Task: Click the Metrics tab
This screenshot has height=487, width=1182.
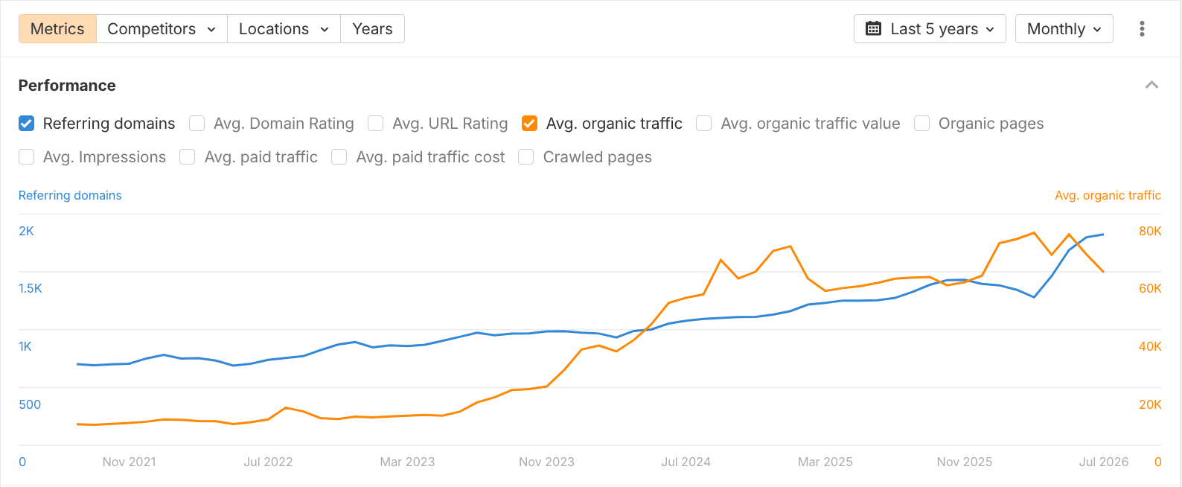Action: [57, 29]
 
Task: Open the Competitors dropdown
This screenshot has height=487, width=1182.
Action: [162, 29]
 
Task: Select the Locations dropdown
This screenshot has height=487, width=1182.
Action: [284, 29]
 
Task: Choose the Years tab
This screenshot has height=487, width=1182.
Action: [373, 29]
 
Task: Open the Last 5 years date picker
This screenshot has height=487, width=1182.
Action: [930, 29]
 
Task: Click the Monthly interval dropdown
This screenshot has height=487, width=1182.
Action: [1064, 29]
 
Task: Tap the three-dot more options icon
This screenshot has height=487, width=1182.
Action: [1142, 29]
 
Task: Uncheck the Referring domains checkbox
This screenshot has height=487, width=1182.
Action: [26, 124]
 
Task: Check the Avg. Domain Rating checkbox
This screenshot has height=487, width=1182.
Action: [197, 124]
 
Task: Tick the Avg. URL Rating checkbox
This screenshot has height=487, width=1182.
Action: [376, 124]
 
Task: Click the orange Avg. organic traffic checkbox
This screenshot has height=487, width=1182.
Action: [529, 124]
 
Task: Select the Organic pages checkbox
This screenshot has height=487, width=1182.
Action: [921, 124]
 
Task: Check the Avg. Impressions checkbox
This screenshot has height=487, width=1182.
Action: [26, 157]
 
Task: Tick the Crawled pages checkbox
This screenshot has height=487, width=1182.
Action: [526, 157]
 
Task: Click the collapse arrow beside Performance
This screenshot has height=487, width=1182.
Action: [1152, 85]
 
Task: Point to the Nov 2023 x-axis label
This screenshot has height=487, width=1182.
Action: [546, 462]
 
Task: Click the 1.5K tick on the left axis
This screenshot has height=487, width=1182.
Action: [30, 289]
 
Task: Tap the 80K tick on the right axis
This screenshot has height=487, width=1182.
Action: [1150, 231]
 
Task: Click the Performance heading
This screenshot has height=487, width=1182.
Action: [67, 86]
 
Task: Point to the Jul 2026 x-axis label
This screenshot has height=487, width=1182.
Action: [1104, 462]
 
